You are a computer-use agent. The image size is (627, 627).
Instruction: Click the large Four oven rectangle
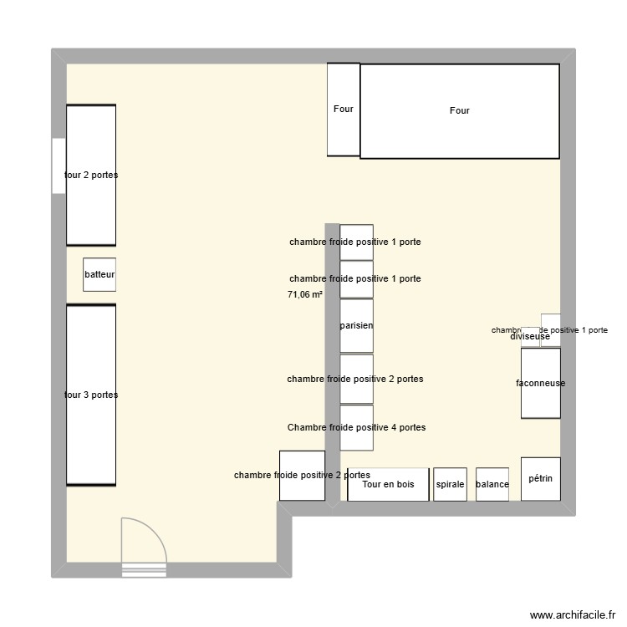click(x=459, y=111)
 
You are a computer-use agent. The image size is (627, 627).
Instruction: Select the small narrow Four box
click(x=343, y=110)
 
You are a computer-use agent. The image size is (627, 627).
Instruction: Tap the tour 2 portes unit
click(x=91, y=175)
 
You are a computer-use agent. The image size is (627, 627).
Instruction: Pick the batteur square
click(x=99, y=274)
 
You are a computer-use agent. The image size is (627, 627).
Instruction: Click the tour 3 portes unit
click(x=91, y=395)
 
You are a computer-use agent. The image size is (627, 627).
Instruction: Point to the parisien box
click(x=356, y=325)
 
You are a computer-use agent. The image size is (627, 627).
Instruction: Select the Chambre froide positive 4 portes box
click(x=356, y=427)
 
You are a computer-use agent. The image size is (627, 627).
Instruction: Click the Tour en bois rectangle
click(x=388, y=484)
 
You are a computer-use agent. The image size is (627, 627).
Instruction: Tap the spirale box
click(x=450, y=484)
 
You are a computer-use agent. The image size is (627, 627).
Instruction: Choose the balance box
click(x=492, y=484)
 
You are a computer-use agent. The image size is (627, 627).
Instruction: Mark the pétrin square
click(x=541, y=479)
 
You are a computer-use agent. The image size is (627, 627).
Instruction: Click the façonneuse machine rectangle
click(x=540, y=383)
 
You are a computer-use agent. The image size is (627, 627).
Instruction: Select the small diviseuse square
click(x=530, y=337)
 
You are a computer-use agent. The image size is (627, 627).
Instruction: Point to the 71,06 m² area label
click(x=304, y=294)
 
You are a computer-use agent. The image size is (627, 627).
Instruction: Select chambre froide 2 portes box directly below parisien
click(x=356, y=379)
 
